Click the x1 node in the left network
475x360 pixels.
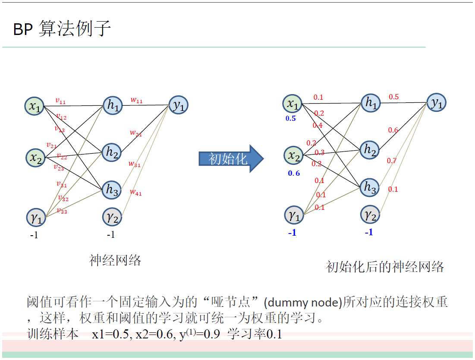pos(35,107)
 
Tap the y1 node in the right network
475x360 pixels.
pos(437,103)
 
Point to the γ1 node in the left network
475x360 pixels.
pos(36,217)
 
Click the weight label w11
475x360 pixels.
pos(136,101)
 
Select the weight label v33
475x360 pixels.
pos(62,211)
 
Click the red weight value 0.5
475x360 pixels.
pos(393,97)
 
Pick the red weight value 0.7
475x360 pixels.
pos(391,161)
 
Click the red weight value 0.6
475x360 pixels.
pos(393,130)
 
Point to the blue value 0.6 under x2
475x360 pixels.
pos(294,173)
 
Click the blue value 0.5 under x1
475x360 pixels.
pos(291,118)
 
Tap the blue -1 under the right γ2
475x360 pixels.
pos(368,232)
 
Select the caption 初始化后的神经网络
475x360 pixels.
pos(385,267)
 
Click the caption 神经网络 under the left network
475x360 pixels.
pos(115,260)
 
